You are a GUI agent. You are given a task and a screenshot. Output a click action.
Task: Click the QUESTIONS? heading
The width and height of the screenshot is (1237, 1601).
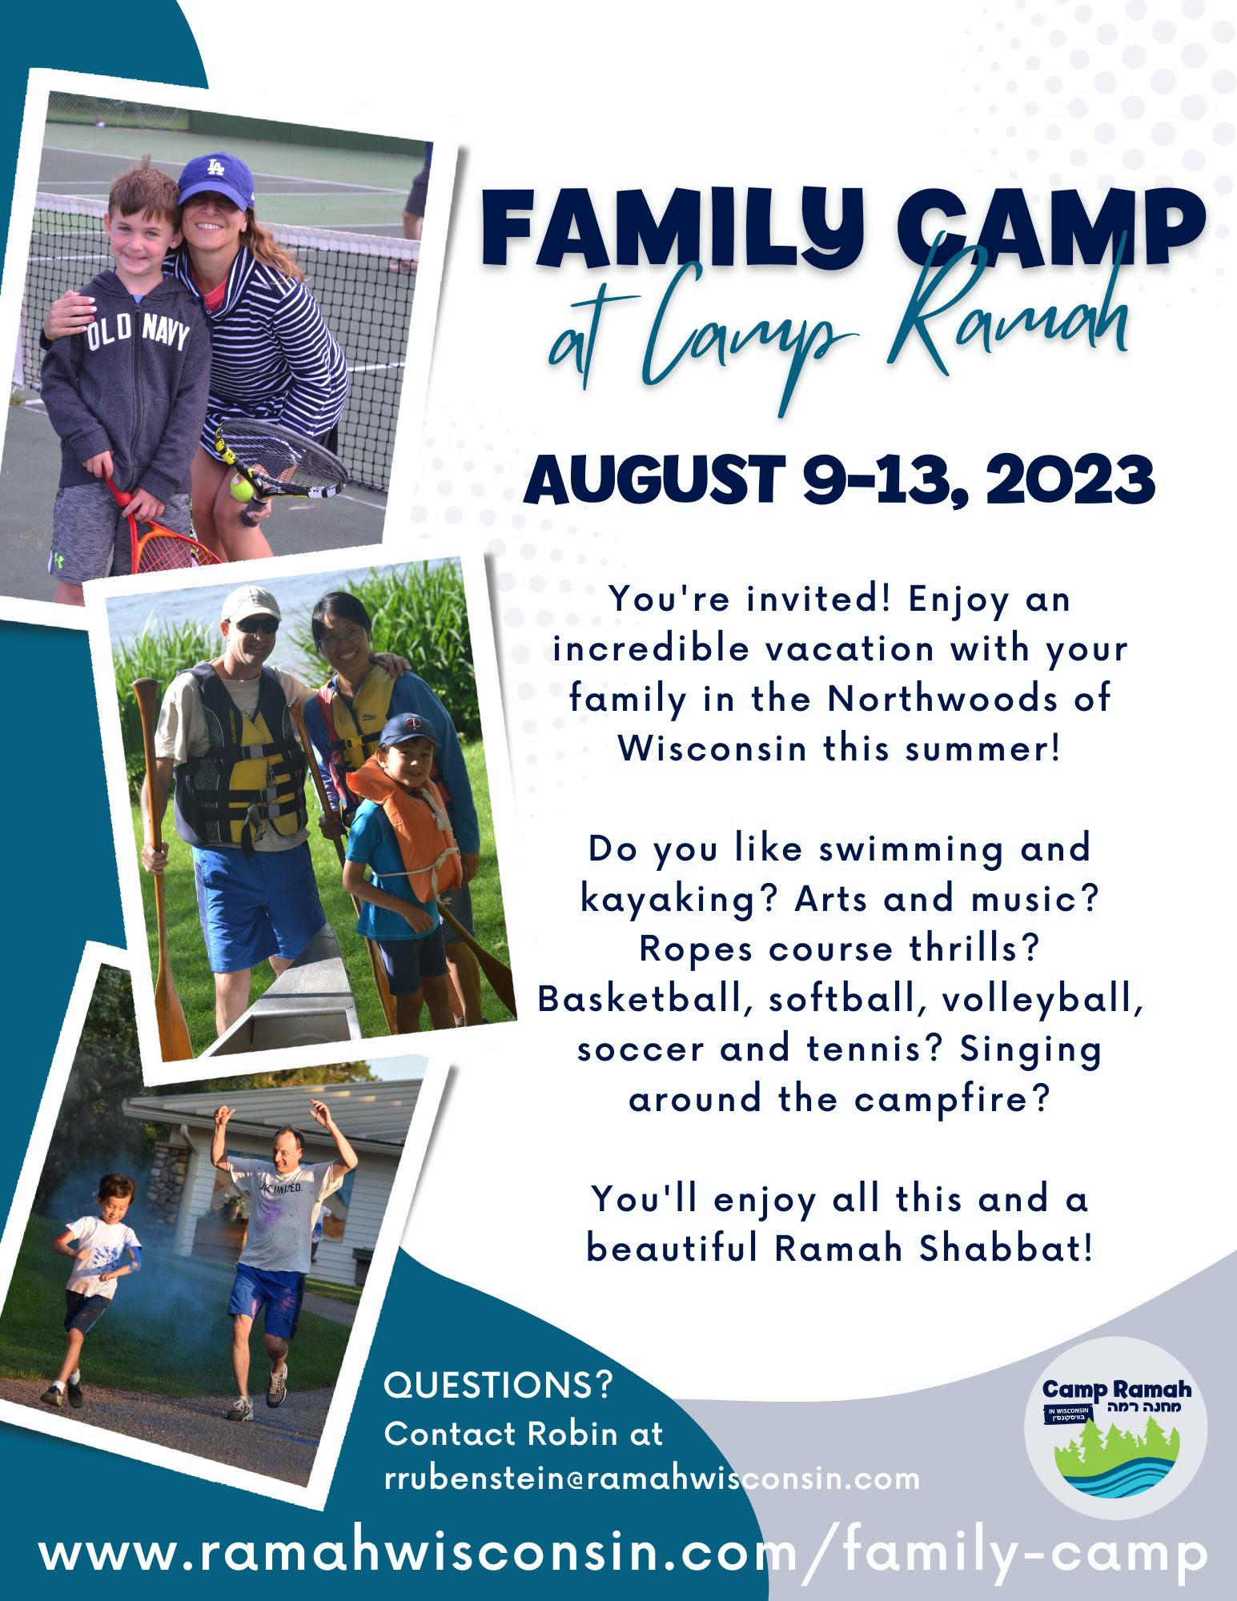coord(498,1384)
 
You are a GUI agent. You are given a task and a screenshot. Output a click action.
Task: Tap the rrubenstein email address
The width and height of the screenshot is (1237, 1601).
coord(652,1479)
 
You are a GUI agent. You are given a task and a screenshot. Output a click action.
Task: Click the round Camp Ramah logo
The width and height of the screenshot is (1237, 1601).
coord(1116,1428)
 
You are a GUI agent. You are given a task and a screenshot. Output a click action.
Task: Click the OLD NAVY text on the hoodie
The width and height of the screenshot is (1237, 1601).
coord(139,331)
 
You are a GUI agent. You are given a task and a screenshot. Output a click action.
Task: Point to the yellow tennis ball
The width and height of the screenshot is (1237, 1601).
coord(241,486)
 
